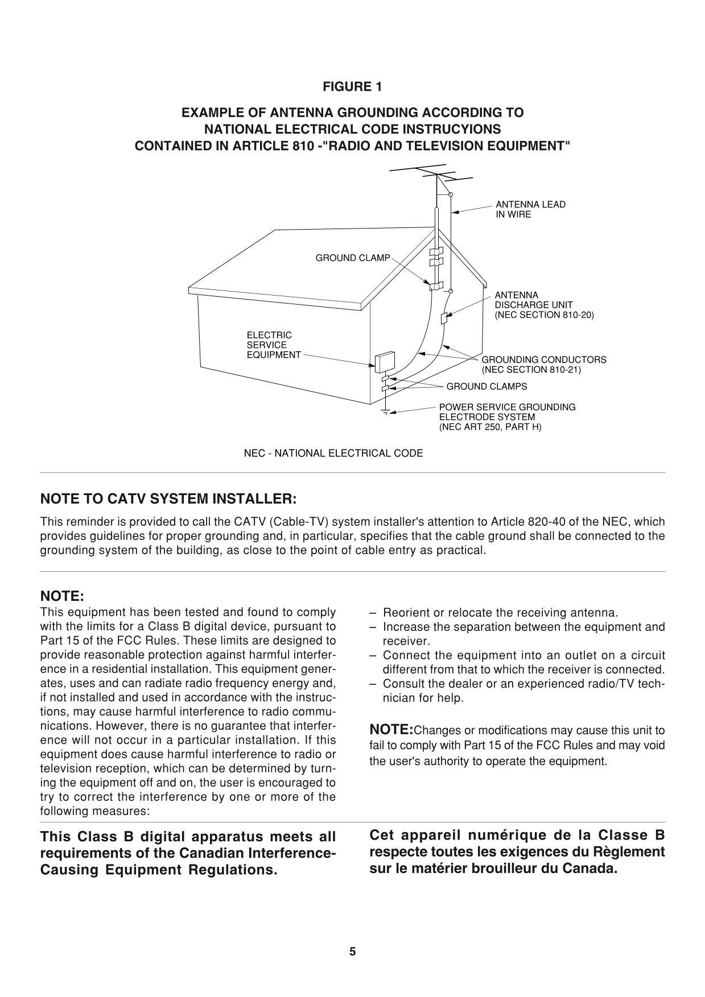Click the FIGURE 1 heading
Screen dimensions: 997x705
(352, 87)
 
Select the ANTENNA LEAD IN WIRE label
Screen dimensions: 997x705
(530, 209)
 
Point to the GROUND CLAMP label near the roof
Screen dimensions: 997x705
(353, 258)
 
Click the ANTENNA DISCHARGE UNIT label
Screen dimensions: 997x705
(543, 305)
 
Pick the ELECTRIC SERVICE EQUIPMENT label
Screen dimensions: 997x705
(273, 345)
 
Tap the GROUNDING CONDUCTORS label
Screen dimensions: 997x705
(543, 364)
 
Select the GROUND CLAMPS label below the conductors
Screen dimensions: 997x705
(487, 387)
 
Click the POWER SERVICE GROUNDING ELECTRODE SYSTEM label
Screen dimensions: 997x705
(506, 417)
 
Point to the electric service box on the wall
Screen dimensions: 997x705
(385, 361)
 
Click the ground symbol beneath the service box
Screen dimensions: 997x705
(386, 412)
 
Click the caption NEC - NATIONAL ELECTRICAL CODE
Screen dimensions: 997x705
(333, 454)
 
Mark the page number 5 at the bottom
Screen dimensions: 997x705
(352, 952)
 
